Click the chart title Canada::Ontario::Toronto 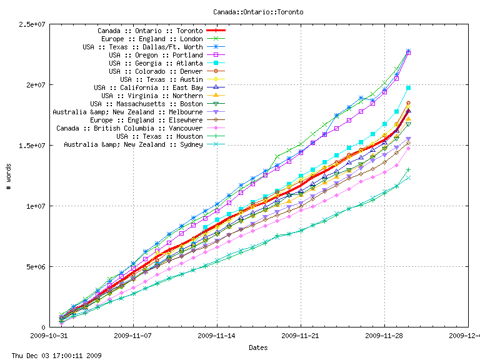pos(258,12)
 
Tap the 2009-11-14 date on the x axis pos(217,335)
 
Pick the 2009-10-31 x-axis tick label pos(50,335)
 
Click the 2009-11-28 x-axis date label pos(384,335)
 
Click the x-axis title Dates pos(258,347)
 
